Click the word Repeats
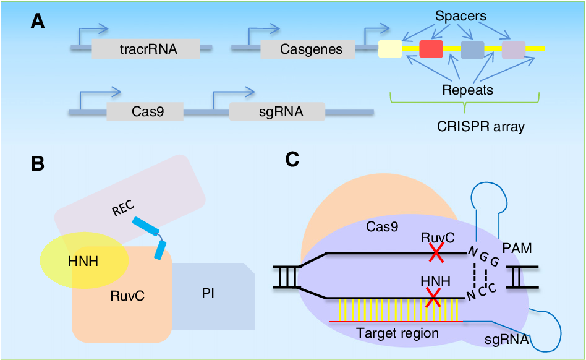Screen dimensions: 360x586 468,90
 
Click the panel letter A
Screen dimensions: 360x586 38,21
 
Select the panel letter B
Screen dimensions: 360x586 38,163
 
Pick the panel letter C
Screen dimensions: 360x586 292,160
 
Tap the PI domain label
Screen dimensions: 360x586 208,293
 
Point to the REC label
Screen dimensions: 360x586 124,208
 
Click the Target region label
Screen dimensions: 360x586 397,333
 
